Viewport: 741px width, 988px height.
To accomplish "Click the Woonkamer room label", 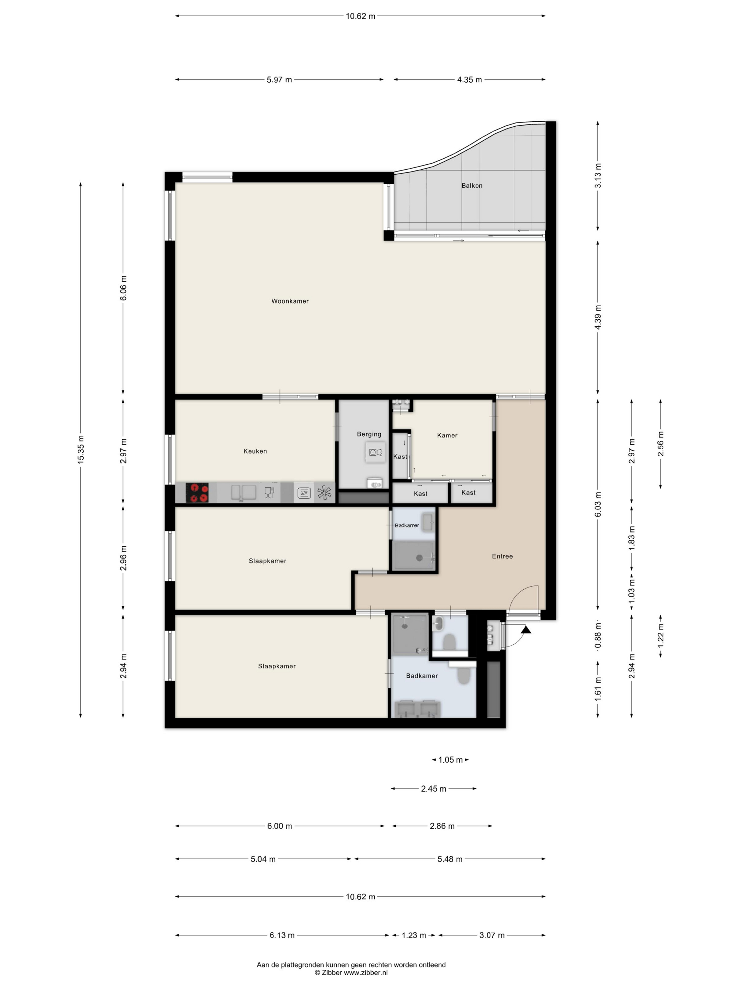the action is (x=290, y=301).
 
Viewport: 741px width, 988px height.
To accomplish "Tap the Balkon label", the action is (x=472, y=185).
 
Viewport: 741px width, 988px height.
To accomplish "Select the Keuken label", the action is (x=255, y=451).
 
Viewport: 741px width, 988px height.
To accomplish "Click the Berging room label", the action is (x=369, y=434).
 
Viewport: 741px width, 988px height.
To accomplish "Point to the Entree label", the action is (x=502, y=556).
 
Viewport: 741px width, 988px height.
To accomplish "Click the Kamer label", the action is (x=447, y=435).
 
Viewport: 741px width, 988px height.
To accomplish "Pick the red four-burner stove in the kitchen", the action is (x=197, y=493).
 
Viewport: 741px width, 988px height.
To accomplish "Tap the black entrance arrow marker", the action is (x=526, y=630).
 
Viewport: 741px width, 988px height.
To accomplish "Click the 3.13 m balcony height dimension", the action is (x=598, y=175).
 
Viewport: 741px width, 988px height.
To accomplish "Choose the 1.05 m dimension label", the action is (x=450, y=760).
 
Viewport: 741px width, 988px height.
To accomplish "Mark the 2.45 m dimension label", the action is (x=433, y=789).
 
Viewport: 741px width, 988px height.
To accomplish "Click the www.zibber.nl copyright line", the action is (x=351, y=972).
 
